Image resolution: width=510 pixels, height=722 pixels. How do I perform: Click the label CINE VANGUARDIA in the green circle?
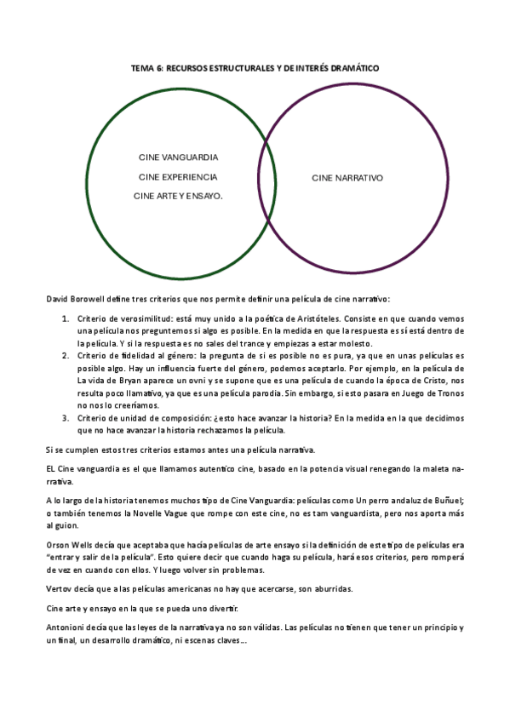click(178, 158)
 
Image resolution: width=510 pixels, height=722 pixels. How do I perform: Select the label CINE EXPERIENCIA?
click(178, 177)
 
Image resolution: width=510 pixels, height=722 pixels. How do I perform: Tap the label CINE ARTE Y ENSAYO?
click(178, 196)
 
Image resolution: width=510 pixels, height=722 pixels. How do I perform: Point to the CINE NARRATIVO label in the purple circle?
click(347, 178)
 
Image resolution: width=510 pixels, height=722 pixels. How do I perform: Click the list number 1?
click(66, 318)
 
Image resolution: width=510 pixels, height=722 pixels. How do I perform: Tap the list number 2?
click(66, 355)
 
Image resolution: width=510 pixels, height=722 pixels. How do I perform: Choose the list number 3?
click(66, 418)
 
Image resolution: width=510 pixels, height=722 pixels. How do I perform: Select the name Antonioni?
click(66, 627)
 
